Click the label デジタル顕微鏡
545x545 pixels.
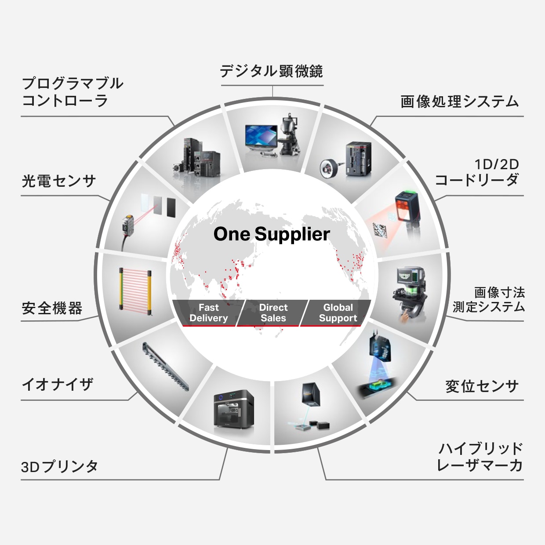(x=271, y=71)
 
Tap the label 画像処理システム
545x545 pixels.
(x=459, y=102)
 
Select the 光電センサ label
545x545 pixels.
(x=58, y=181)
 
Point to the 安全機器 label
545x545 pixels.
(x=52, y=308)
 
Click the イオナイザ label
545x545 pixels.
(x=57, y=385)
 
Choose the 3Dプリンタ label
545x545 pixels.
(x=59, y=466)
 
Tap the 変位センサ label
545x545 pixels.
(x=482, y=386)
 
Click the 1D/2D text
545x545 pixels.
(x=497, y=164)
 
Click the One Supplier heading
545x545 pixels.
(x=272, y=234)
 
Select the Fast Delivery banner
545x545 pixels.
(x=208, y=313)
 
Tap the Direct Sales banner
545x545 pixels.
(x=273, y=313)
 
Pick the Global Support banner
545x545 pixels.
(x=338, y=313)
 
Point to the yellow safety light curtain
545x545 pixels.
(x=135, y=291)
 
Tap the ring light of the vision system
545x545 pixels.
(x=328, y=167)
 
